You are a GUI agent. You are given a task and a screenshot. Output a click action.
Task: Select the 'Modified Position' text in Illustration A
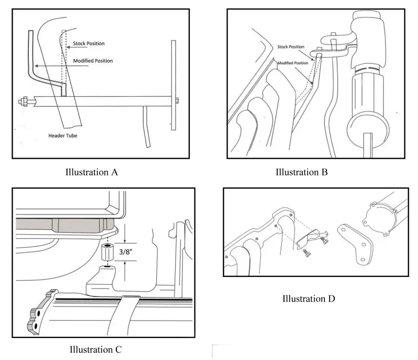click(x=93, y=61)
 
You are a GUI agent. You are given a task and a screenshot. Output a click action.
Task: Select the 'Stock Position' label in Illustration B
click(x=291, y=47)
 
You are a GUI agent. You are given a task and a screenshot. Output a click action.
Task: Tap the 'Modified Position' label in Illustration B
click(x=293, y=63)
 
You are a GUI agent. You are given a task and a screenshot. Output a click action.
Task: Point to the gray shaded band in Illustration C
click(x=63, y=224)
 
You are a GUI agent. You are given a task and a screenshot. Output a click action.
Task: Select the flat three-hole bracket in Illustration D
click(x=357, y=243)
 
